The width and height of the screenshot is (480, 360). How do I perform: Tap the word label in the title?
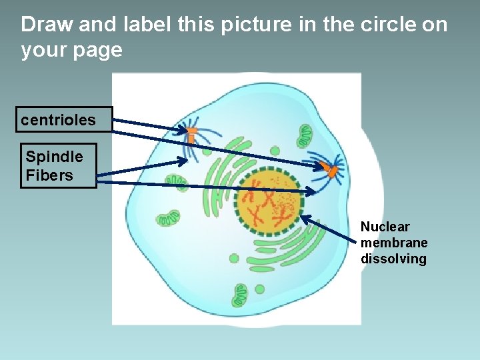[x=148, y=25]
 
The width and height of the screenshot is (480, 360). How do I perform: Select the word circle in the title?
[x=390, y=25]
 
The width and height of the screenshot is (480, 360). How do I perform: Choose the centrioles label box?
[x=65, y=120]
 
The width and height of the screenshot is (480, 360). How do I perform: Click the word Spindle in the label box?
[x=54, y=157]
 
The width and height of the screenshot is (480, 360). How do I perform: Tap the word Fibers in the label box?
[x=49, y=175]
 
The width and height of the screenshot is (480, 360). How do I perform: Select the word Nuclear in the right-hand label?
[x=385, y=227]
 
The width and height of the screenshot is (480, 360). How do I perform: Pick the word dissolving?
[x=393, y=259]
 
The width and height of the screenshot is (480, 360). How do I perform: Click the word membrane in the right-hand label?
[x=394, y=243]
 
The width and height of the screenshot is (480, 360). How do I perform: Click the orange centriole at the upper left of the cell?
[x=191, y=134]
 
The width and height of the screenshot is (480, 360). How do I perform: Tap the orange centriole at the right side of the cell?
[x=330, y=171]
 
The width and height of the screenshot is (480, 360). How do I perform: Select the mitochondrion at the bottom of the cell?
[x=240, y=293]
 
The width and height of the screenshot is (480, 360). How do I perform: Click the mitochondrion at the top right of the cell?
[x=305, y=135]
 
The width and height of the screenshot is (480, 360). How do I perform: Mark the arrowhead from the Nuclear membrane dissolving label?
[x=304, y=217]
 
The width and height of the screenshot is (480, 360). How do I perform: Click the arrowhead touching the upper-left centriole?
[x=185, y=131]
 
